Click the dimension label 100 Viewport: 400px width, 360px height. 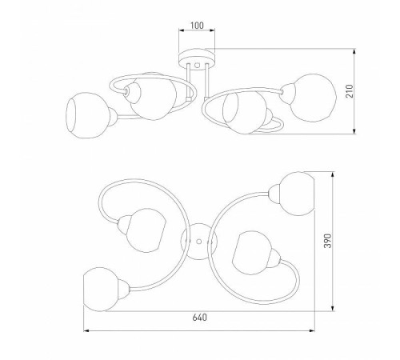click(197, 26)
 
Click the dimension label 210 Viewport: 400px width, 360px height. click(350, 91)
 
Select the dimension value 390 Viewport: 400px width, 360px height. click(327, 241)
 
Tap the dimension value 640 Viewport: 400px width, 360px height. click(199, 318)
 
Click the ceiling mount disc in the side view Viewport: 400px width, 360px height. click(197, 58)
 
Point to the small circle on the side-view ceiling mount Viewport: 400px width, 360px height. click(198, 65)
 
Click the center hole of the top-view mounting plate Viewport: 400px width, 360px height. click(198, 242)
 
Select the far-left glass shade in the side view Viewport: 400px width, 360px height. click(87, 115)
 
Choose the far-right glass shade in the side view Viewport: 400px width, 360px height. click(313, 98)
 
